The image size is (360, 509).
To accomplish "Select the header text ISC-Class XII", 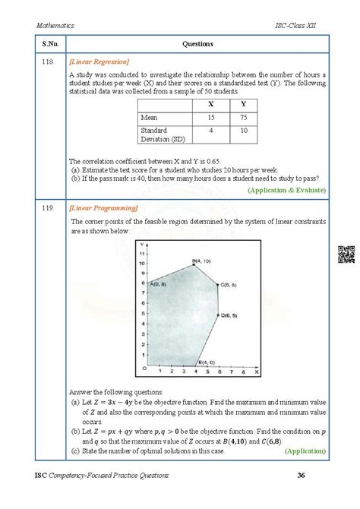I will pyautogui.click(x=300, y=27).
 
